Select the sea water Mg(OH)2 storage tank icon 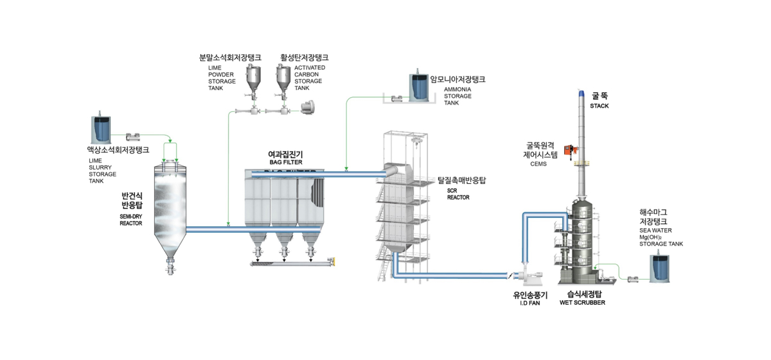click(x=659, y=268)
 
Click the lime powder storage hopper click(x=253, y=79)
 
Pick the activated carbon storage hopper click(x=283, y=79)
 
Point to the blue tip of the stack click(x=581, y=93)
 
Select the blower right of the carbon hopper click(x=306, y=108)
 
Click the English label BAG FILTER click(x=286, y=162)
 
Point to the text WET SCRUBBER click(x=582, y=303)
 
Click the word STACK click(x=599, y=106)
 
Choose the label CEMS click(x=538, y=164)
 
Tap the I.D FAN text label click(x=529, y=303)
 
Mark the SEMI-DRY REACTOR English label click(x=131, y=220)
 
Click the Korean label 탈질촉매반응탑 click(x=461, y=180)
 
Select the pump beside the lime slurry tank click(x=133, y=137)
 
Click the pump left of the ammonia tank click(x=397, y=98)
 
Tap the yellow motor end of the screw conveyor click(x=332, y=261)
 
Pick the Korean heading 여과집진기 click(x=286, y=154)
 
